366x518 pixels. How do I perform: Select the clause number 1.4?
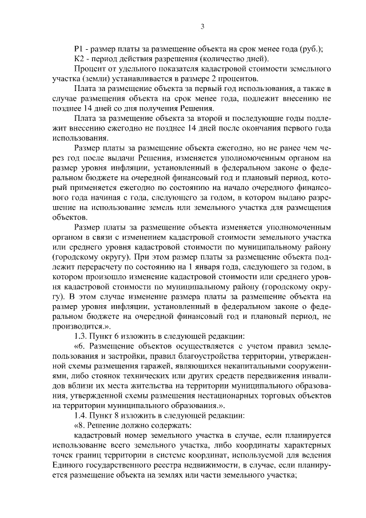82,414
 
